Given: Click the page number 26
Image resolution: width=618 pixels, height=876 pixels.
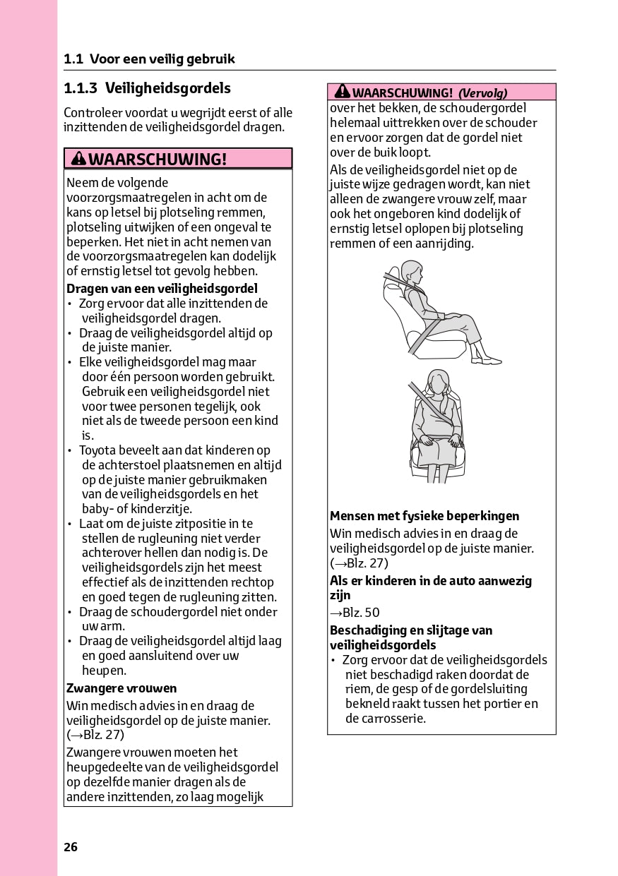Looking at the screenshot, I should tap(71, 847).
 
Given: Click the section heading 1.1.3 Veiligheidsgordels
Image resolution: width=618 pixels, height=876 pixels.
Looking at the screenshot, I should tap(147, 88).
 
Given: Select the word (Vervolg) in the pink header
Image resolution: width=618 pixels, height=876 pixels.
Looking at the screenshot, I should tap(483, 92).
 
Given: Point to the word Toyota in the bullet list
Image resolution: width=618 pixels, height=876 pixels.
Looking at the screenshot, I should tap(97, 450).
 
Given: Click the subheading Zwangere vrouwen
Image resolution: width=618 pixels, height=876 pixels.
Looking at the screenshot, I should tap(121, 688).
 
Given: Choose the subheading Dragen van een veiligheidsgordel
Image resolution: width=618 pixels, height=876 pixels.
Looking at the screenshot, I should tap(162, 289).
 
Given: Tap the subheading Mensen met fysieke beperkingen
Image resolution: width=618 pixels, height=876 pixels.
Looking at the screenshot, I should tap(424, 516).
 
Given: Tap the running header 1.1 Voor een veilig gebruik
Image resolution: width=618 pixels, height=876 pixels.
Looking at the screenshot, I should tap(149, 59).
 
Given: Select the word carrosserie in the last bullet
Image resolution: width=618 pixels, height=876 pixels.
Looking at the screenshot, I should tap(385, 719).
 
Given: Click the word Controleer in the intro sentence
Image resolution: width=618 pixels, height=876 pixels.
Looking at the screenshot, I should tap(91, 113).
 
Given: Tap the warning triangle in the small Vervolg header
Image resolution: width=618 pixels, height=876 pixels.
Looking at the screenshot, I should tap(343, 92).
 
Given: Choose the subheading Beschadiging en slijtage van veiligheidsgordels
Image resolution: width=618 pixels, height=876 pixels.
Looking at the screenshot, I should tap(411, 637).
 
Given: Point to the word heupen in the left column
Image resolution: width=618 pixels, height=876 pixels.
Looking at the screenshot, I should tap(104, 671).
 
